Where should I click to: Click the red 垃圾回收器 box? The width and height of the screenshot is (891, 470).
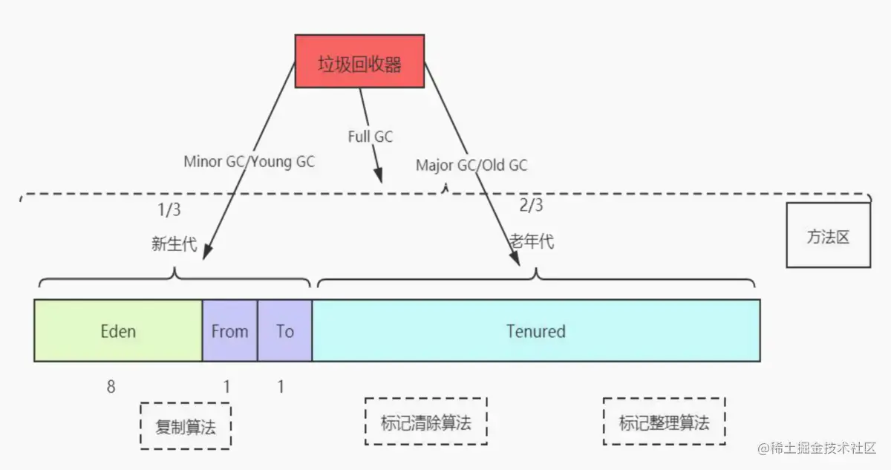[x=359, y=65]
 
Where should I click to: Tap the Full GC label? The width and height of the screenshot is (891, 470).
[x=370, y=137]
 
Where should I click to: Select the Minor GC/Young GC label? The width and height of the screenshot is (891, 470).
[x=249, y=162]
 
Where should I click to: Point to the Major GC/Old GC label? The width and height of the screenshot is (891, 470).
[x=471, y=165]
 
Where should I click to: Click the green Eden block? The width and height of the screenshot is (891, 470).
[x=118, y=330]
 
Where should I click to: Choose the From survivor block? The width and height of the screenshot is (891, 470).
[x=229, y=330]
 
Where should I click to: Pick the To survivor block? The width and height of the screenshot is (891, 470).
[x=284, y=330]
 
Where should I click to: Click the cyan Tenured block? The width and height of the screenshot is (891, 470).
[x=535, y=330]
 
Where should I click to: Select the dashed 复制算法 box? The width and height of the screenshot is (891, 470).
[x=185, y=426]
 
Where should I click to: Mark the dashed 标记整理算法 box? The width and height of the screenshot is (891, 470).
[x=664, y=421]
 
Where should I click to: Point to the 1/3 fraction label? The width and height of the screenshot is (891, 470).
[x=169, y=210]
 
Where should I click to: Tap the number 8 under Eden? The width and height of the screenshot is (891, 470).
[x=111, y=386]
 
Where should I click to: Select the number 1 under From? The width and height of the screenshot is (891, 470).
[x=227, y=386]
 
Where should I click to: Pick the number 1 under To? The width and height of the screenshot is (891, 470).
[x=281, y=386]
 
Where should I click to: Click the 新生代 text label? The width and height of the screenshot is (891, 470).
[x=174, y=244]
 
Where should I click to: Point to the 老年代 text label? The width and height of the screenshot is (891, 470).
[x=531, y=242]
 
